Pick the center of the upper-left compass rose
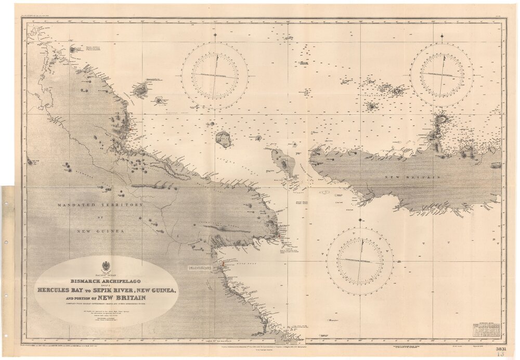[x=214, y=76]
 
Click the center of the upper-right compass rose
[x=441, y=74]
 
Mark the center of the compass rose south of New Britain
[x=359, y=260]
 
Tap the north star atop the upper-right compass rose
[x=441, y=36]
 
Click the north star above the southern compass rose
[x=359, y=220]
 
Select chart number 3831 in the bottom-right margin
[x=501, y=349]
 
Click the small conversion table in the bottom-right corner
[x=486, y=330]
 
